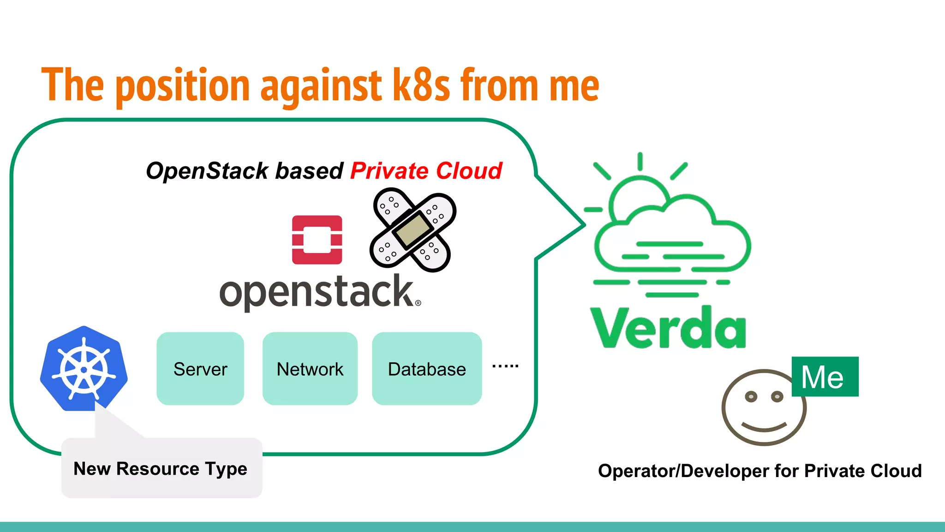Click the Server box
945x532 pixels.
[200, 369]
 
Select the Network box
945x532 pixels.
[310, 369]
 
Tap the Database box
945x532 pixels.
[427, 369]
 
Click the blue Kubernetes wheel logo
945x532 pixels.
[84, 369]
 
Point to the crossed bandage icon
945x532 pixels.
[413, 230]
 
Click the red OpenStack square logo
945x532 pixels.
[317, 240]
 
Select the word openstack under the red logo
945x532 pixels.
[318, 292]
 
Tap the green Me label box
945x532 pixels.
[825, 376]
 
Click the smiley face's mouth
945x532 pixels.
[764, 426]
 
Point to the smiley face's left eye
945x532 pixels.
[751, 396]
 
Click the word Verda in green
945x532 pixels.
[668, 327]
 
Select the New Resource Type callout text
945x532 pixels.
[161, 469]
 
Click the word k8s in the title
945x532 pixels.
[421, 85]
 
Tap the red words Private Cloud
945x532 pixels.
[425, 171]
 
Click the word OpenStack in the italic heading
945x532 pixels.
[207, 171]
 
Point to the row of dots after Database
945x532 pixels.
[505, 366]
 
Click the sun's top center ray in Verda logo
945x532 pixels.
[640, 162]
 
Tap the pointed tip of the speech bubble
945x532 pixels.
[584, 225]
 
